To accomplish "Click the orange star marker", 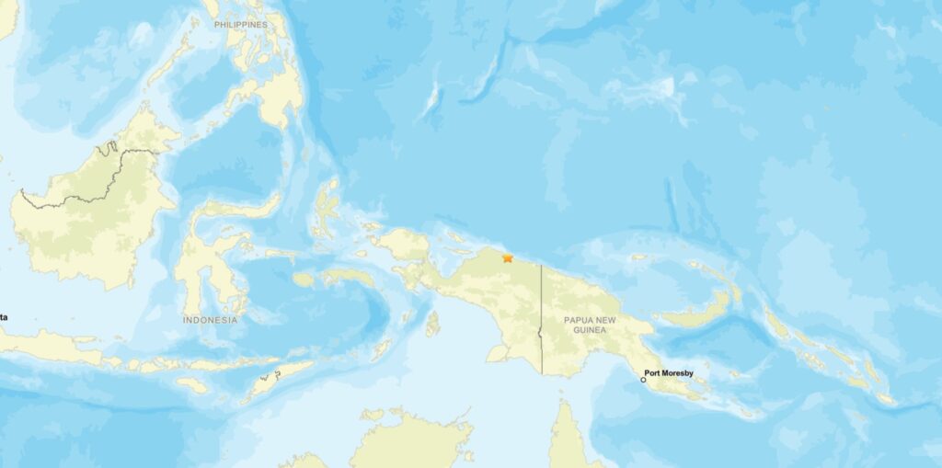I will (508, 258).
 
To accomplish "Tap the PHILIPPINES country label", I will (240, 25).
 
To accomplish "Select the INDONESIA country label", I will (210, 320).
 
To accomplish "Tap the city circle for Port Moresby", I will (643, 379).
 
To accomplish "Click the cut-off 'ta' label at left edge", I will (4, 317).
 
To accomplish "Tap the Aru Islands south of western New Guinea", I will (432, 323).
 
